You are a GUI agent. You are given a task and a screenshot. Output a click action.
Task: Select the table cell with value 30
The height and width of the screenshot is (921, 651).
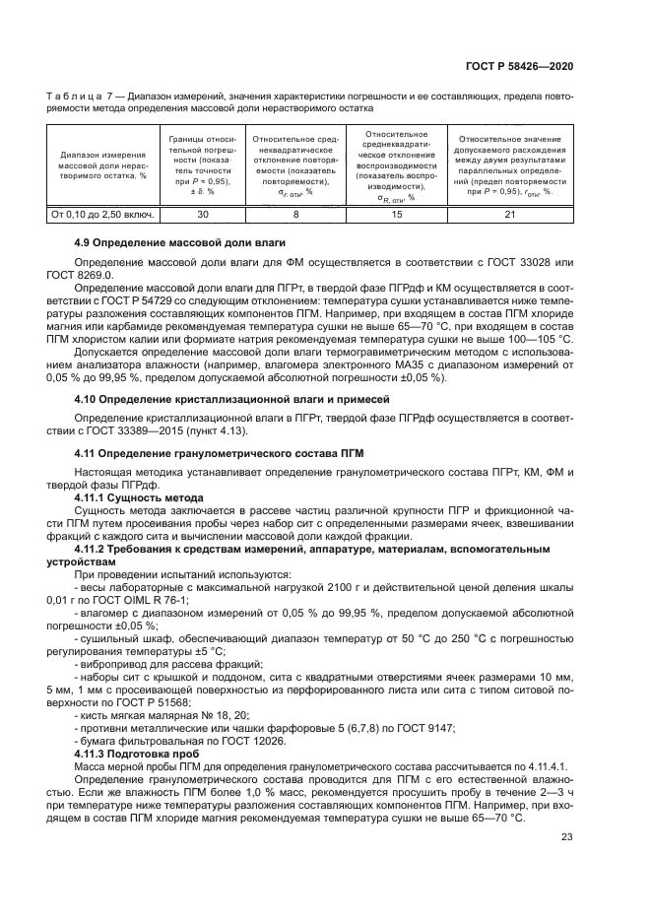click(203, 213)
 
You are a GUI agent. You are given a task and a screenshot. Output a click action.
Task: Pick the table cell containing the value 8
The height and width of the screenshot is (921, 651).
click(294, 213)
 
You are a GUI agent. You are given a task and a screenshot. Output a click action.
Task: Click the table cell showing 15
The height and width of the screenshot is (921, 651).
click(396, 213)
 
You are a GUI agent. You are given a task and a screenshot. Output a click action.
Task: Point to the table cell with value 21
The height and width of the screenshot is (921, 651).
click(509, 213)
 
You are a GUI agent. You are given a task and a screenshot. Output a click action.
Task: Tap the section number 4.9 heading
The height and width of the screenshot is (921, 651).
click(84, 242)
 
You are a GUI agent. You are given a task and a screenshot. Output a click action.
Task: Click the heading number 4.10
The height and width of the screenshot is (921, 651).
click(87, 399)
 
